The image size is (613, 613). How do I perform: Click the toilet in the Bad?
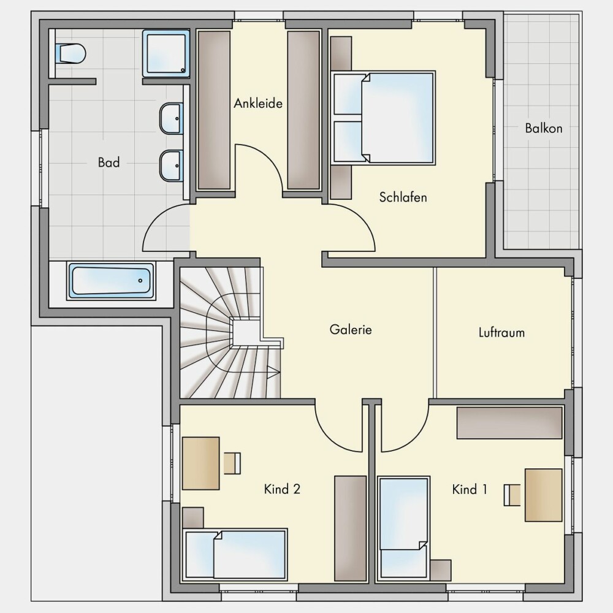tap(70, 53)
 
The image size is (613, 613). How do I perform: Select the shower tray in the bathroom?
tap(166, 53)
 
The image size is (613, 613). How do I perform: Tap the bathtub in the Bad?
tap(112, 281)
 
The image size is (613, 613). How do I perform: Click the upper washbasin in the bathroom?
tap(171, 118)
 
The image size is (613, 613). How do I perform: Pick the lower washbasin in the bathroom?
tap(171, 166)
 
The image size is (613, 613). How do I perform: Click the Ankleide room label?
tap(258, 103)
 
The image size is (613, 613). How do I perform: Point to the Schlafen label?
tap(403, 197)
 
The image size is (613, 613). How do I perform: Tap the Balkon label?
tap(543, 128)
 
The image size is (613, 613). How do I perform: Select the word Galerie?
tap(351, 329)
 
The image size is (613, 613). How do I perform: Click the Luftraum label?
tap(501, 332)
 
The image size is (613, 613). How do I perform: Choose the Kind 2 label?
tap(282, 489)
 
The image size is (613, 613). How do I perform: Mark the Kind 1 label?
tap(470, 489)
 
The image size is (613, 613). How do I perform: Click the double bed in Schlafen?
tap(383, 118)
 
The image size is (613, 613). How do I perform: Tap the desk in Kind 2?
tap(201, 463)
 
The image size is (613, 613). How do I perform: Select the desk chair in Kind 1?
tap(512, 495)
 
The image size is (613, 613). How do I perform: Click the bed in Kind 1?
tap(404, 527)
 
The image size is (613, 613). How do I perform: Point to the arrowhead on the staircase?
tap(273, 372)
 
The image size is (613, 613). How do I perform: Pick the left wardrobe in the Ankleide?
tap(214, 110)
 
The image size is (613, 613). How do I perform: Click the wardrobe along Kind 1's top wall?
tap(509, 422)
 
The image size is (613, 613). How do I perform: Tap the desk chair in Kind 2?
tap(232, 463)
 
